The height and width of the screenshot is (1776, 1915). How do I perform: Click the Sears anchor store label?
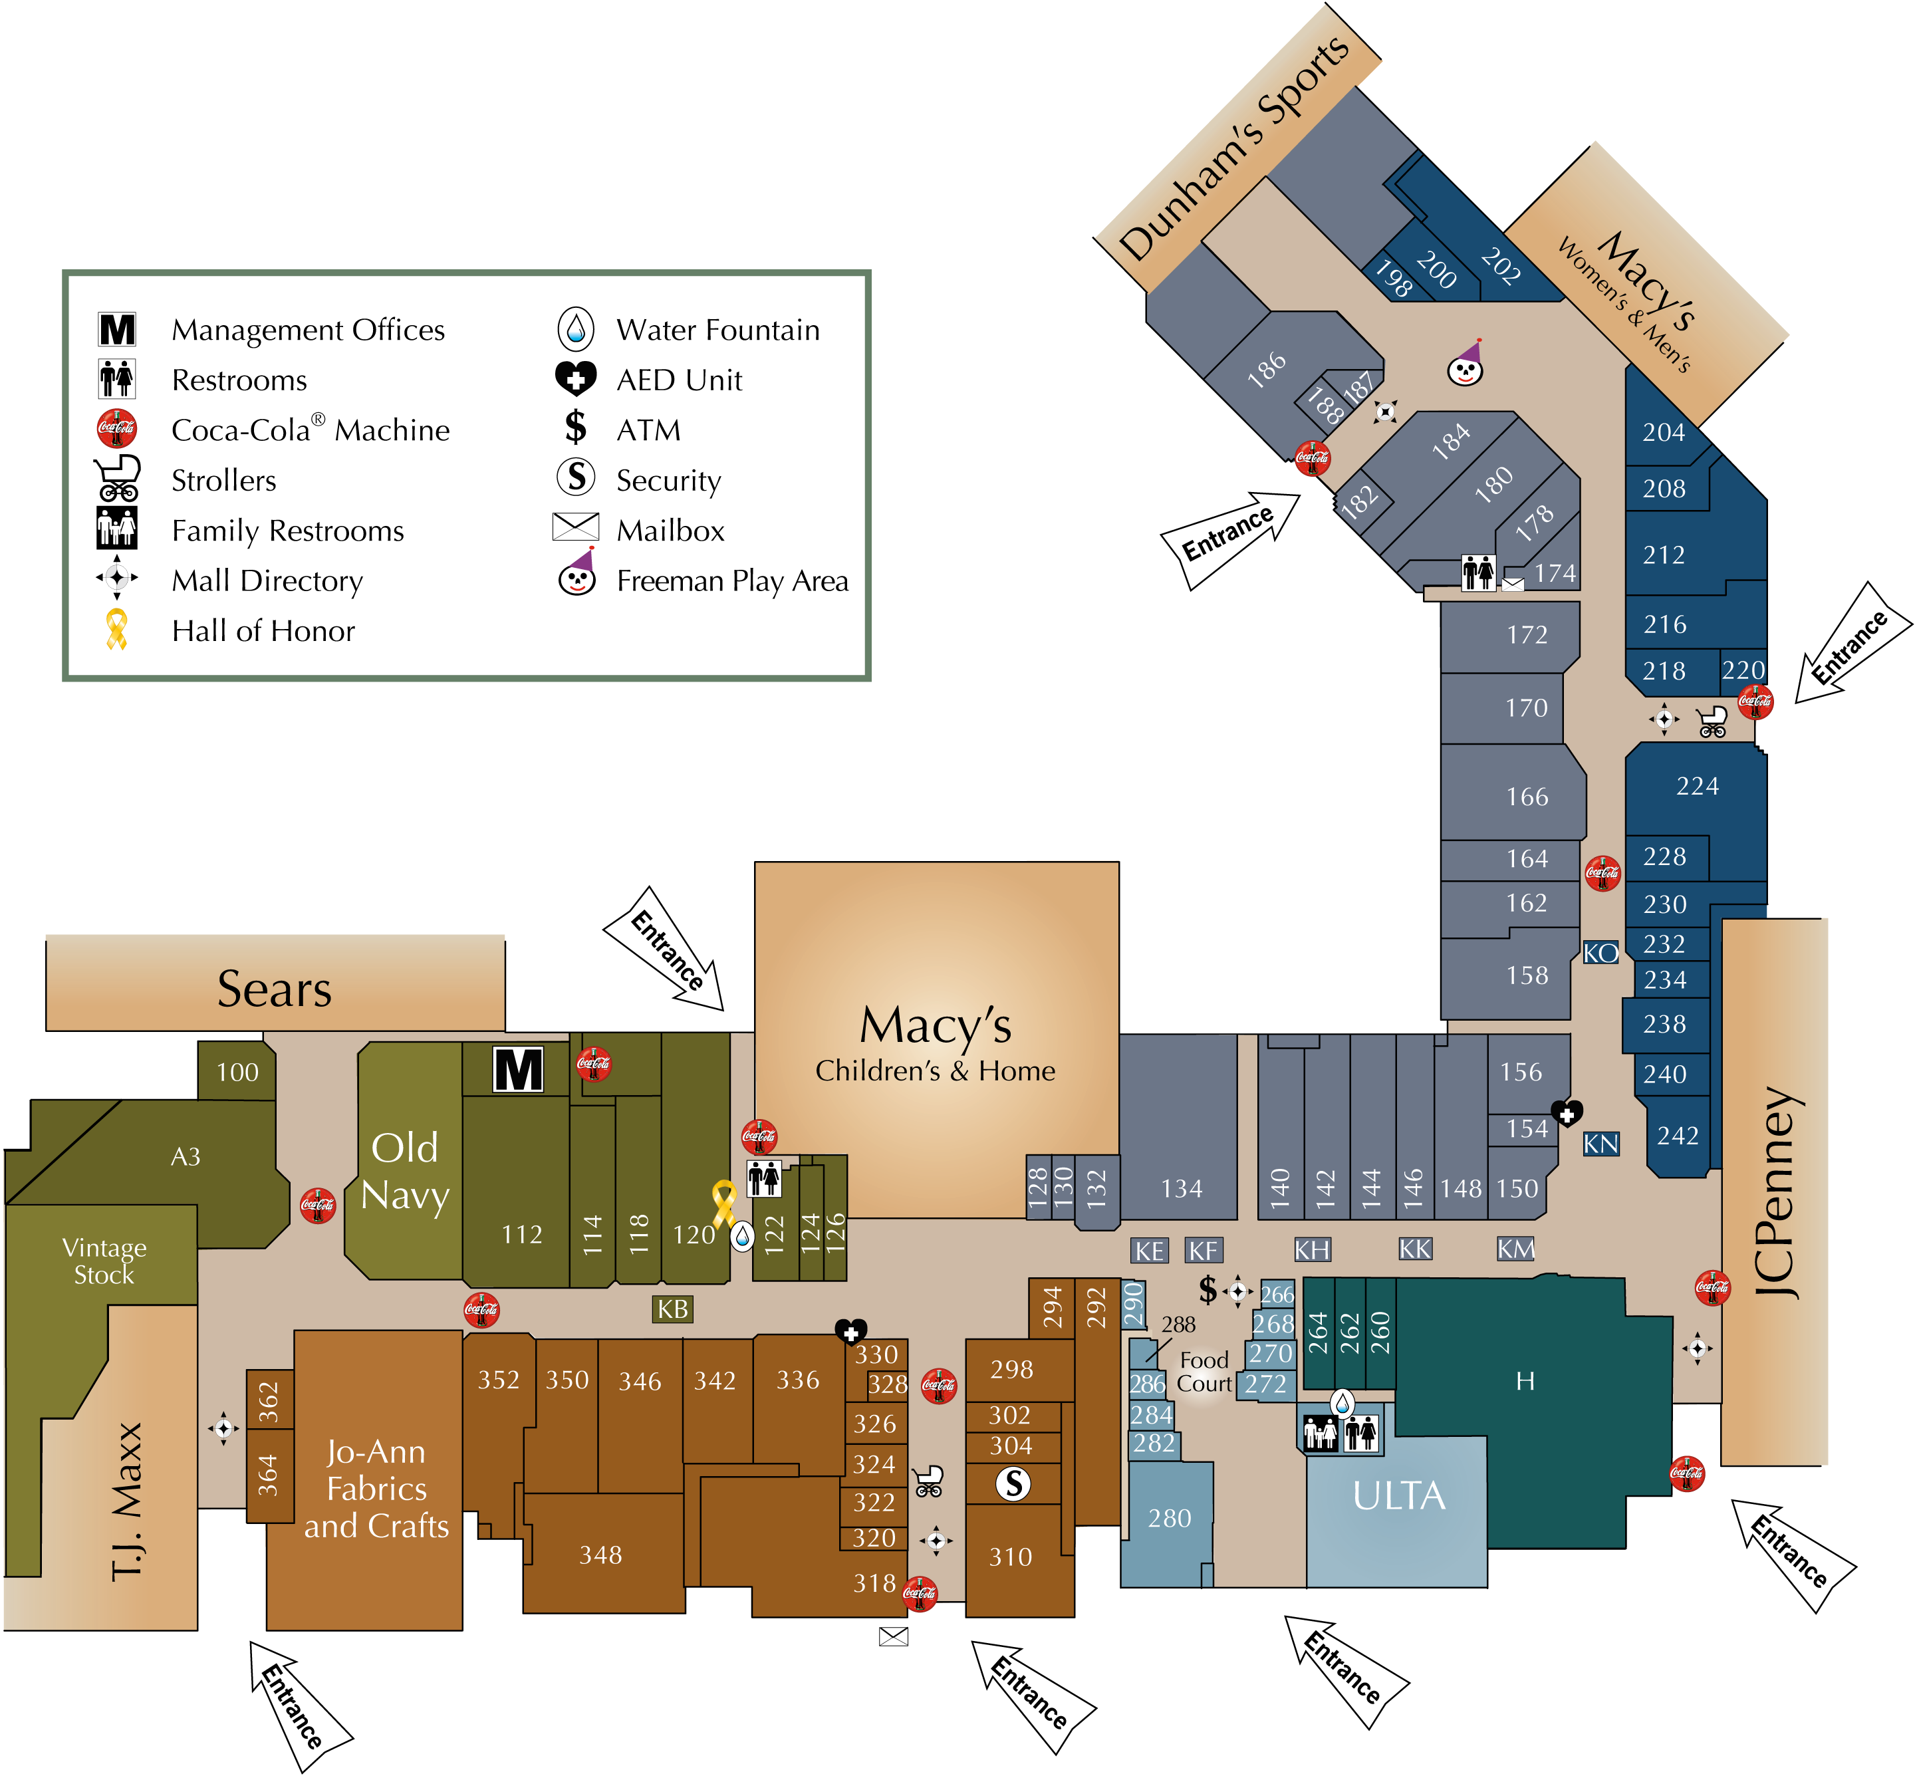point(274,989)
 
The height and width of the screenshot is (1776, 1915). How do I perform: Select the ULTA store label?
point(1398,1495)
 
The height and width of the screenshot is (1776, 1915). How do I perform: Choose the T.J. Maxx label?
point(127,1501)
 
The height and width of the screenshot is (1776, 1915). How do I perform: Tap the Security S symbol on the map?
point(1013,1484)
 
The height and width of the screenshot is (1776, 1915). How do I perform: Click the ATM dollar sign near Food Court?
point(1208,1289)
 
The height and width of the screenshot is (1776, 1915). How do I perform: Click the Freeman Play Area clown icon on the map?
point(1466,362)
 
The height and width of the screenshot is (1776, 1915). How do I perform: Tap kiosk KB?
point(673,1309)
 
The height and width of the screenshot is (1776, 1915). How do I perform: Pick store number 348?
point(600,1555)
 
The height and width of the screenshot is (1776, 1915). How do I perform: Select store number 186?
point(1267,369)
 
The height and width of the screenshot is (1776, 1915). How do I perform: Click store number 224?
point(1697,786)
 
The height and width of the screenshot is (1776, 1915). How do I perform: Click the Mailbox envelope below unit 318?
point(894,1636)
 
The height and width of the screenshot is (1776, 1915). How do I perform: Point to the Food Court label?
point(1204,1372)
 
